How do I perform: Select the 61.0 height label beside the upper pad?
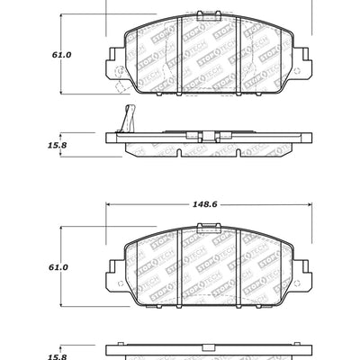pos(36,54)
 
